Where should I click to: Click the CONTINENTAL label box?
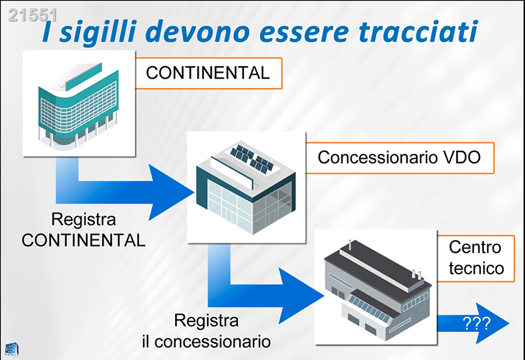pos(208,73)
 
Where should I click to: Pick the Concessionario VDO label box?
pos(399,157)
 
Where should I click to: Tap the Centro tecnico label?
pos(476,258)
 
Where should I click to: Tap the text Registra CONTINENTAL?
pos(83,230)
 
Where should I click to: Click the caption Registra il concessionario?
pos(206,331)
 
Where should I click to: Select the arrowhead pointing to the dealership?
pos(170,191)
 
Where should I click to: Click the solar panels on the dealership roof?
pos(252,158)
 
